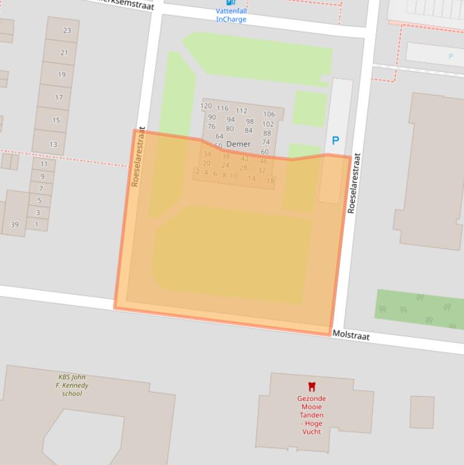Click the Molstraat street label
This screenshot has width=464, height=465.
(351, 336)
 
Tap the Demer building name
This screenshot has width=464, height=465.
(238, 144)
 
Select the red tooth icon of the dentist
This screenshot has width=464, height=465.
(311, 387)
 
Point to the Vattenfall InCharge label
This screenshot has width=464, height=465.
(231, 15)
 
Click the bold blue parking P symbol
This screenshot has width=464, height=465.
(335, 141)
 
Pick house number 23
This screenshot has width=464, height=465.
(66, 31)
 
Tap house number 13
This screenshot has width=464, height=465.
(53, 144)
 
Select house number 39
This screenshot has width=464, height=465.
(14, 225)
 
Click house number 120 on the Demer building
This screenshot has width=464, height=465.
(206, 106)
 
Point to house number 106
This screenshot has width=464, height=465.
(269, 114)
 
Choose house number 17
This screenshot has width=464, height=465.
(59, 97)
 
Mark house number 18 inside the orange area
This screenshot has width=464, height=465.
(270, 181)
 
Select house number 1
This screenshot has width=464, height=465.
(36, 224)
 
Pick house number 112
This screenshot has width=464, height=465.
(241, 111)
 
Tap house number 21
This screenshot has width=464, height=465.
(64, 53)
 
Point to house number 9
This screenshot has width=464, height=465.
(42, 176)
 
